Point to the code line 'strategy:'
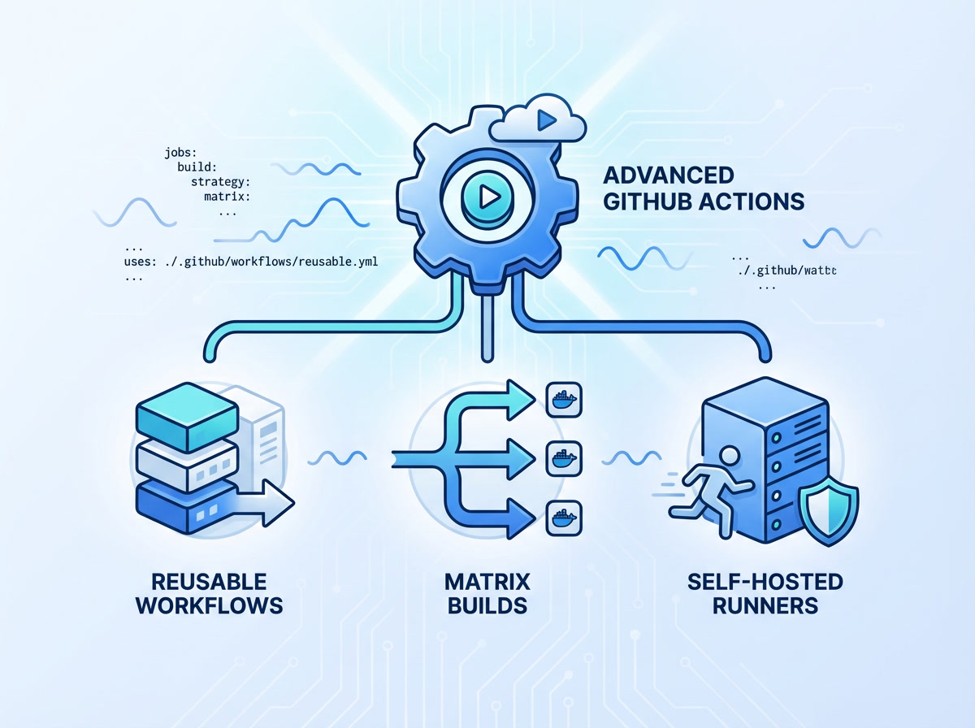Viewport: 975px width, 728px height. point(220,181)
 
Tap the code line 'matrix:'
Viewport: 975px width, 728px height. point(227,196)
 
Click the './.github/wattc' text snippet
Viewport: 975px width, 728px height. point(788,271)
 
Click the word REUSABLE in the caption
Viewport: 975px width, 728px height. point(209,582)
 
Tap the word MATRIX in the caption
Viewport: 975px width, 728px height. point(487,582)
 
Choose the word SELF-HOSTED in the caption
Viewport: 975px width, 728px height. point(765,582)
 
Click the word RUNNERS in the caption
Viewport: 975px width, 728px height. point(765,606)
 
